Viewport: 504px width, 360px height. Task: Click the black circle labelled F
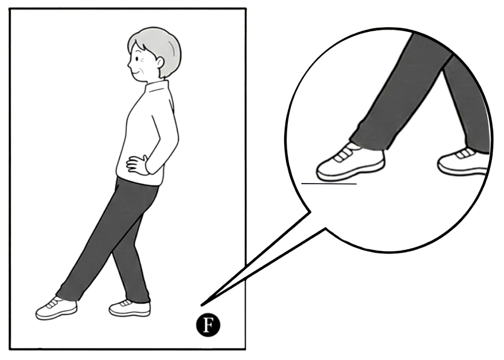[208, 325]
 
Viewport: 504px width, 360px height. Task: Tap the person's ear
[160, 62]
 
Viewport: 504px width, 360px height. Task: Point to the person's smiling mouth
[137, 73]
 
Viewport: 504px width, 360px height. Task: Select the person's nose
[129, 66]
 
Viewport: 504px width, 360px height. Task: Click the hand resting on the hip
[137, 164]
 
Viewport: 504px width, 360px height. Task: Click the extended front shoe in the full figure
[56, 308]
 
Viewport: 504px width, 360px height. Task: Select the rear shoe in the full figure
[129, 308]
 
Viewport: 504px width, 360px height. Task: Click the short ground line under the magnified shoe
[329, 184]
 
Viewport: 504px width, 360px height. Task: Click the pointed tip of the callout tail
[202, 305]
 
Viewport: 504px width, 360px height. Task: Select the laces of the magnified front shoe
[342, 154]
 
